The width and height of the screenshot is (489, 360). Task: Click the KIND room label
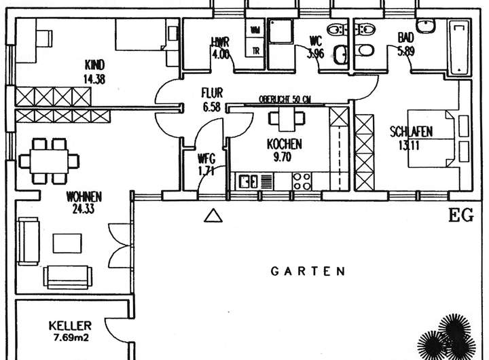click(x=94, y=65)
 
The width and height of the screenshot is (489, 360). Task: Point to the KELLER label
click(x=70, y=325)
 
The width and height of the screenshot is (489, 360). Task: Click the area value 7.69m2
click(x=72, y=336)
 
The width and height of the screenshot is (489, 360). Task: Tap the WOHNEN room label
click(x=84, y=197)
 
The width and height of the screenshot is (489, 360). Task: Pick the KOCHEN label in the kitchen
click(x=285, y=145)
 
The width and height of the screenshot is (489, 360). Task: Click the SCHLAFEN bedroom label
click(x=412, y=131)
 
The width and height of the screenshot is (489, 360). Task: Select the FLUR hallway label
click(x=212, y=93)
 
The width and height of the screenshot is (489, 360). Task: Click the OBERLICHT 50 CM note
click(x=285, y=100)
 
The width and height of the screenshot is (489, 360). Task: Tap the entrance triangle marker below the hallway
click(x=213, y=217)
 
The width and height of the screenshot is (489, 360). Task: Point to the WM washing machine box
click(x=255, y=29)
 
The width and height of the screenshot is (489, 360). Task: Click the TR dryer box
click(x=255, y=51)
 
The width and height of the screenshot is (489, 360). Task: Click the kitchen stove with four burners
click(x=302, y=181)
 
